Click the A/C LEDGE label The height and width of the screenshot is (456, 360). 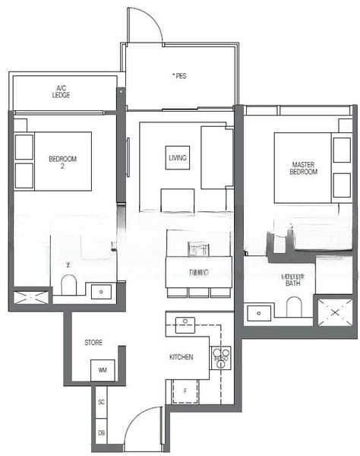click(x=62, y=92)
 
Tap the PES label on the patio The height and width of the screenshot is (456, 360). click(x=179, y=75)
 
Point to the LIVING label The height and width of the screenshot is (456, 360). click(x=177, y=158)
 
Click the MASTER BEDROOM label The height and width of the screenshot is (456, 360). click(x=303, y=168)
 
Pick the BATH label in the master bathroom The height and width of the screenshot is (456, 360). click(x=292, y=280)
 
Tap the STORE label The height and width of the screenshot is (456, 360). click(x=93, y=343)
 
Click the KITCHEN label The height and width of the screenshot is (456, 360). click(x=181, y=356)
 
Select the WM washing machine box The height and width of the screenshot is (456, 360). click(x=102, y=371)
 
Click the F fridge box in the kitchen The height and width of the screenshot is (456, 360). click(x=185, y=391)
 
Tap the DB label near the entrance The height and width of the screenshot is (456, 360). click(x=101, y=433)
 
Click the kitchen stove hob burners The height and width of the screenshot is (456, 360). click(x=221, y=357)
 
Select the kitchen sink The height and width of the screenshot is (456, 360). click(x=185, y=325)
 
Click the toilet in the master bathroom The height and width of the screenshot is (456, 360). click(x=294, y=306)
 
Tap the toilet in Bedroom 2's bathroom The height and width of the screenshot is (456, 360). click(x=69, y=286)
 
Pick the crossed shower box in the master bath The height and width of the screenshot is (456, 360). click(x=334, y=312)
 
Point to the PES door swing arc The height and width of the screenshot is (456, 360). click(x=144, y=24)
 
